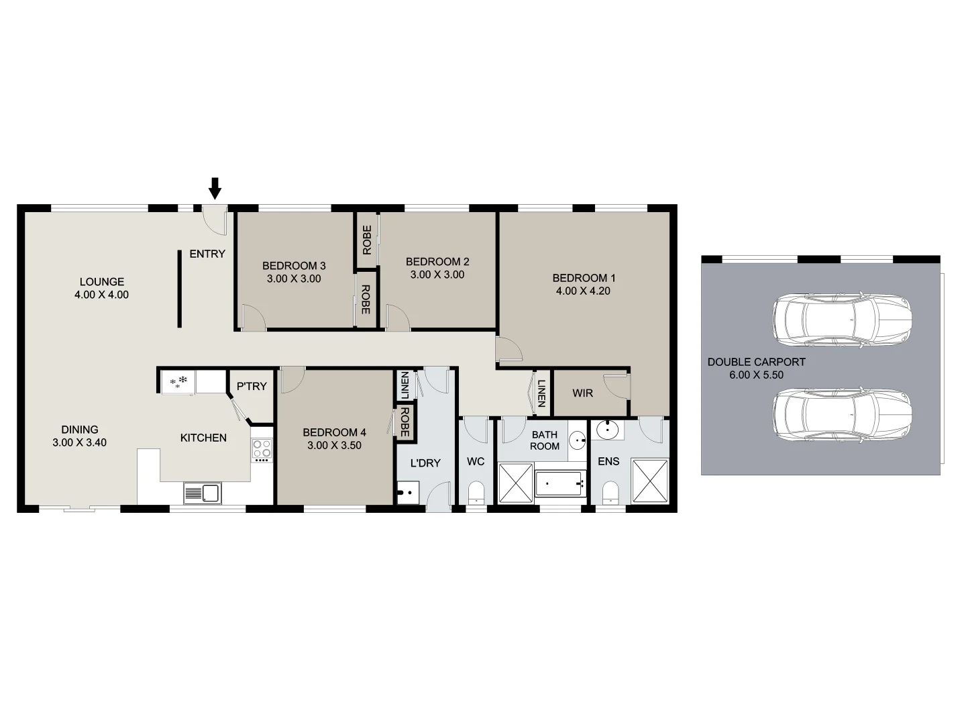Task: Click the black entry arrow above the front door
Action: [215, 188]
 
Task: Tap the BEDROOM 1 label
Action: [584, 278]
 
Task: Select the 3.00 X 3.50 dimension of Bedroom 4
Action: [334, 445]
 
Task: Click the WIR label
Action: [582, 393]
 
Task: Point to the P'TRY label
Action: [252, 387]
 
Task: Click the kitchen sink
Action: [202, 493]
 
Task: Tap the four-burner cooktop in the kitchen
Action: [262, 449]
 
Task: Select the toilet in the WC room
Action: [476, 492]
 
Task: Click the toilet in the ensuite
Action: [610, 493]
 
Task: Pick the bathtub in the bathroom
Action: [559, 483]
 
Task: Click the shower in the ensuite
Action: [650, 481]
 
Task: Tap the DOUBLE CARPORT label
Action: [756, 362]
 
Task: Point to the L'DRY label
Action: [425, 463]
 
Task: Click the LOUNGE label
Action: [102, 282]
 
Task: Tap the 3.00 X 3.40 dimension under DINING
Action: [79, 442]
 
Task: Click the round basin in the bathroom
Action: [578, 441]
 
